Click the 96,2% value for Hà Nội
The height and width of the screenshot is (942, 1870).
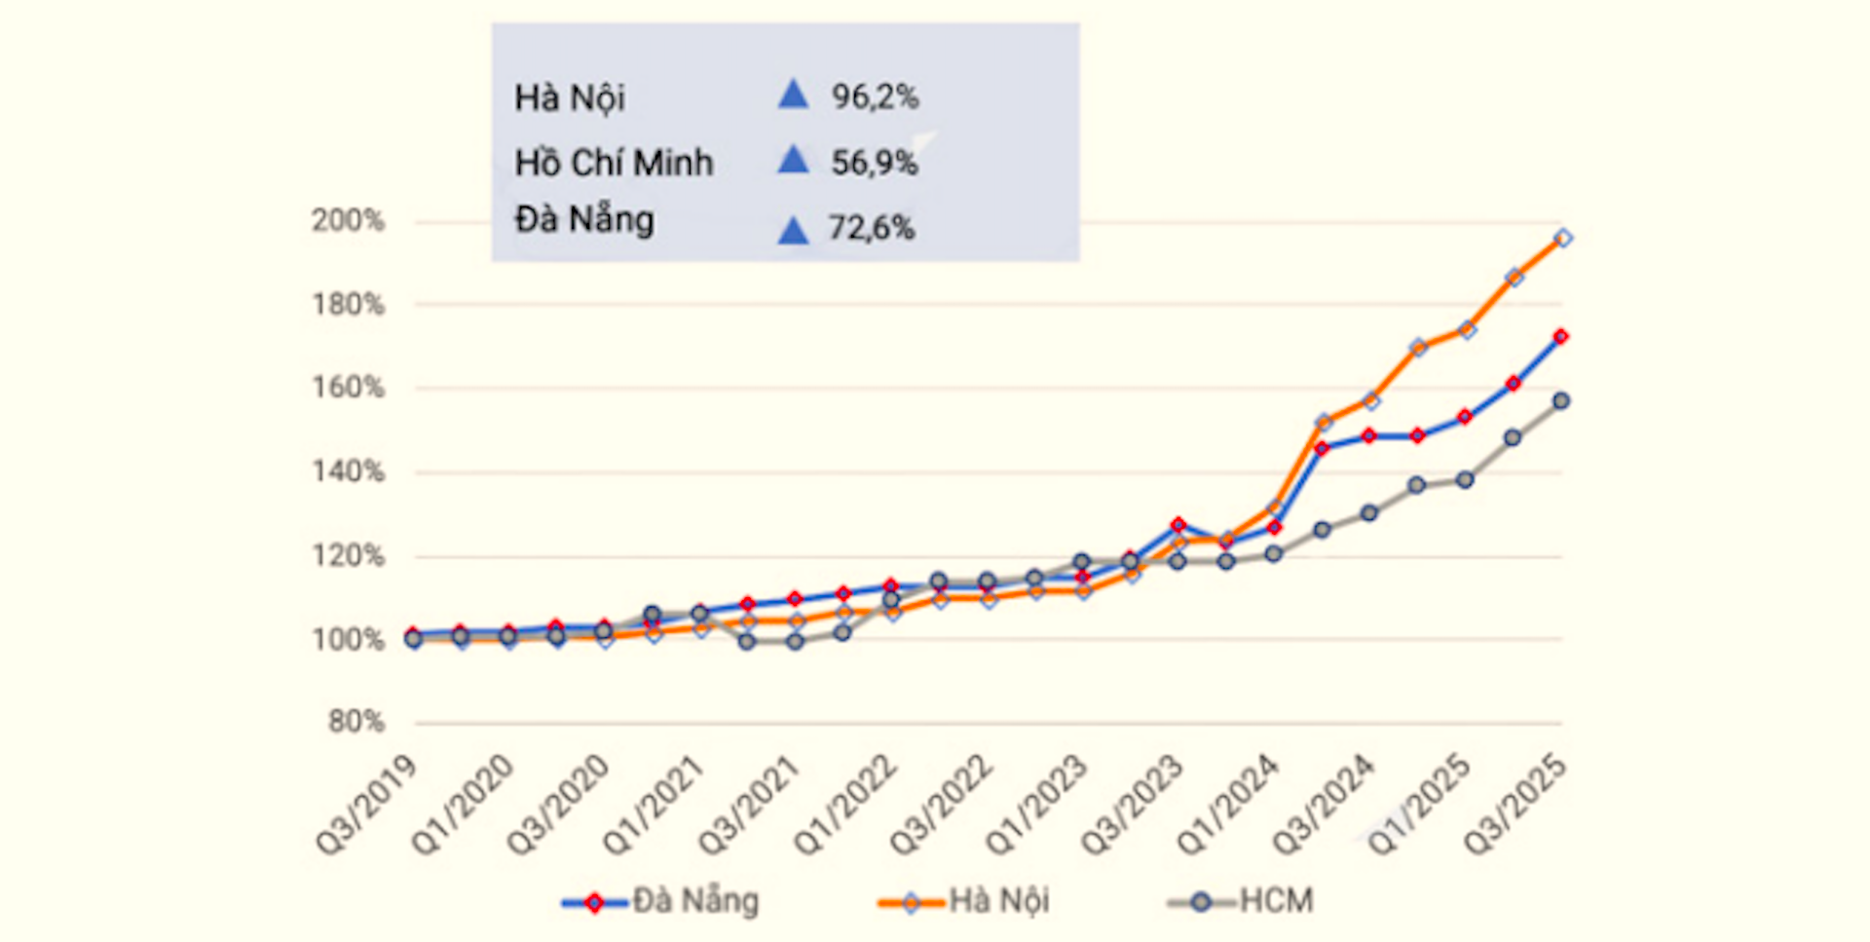(874, 96)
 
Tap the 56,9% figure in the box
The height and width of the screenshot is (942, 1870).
(874, 163)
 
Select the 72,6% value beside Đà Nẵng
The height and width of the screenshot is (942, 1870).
(872, 228)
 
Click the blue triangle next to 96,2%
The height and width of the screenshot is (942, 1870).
(794, 94)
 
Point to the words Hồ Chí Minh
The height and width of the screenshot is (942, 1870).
(614, 163)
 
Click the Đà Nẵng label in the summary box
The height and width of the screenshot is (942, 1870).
(584, 220)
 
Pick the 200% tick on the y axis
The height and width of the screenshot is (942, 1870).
(348, 221)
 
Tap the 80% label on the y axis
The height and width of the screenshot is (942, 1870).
(355, 722)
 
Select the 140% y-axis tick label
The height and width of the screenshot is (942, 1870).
(348, 472)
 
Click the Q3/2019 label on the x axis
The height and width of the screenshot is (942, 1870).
(367, 806)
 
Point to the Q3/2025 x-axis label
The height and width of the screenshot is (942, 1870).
(1515, 806)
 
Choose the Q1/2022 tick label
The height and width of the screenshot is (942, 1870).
(845, 806)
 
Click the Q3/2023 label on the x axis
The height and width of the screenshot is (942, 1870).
(1133, 806)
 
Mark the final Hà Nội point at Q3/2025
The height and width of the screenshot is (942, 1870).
(1562, 238)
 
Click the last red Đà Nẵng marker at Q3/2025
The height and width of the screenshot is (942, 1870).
(1560, 337)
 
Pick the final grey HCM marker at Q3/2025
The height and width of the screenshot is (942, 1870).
(1560, 401)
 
